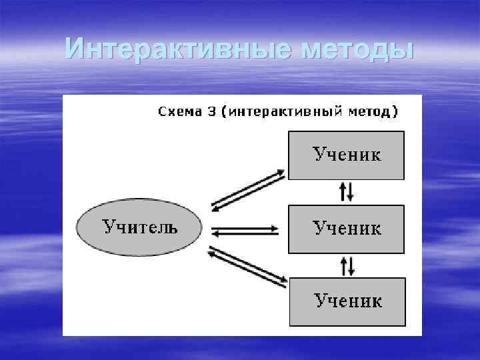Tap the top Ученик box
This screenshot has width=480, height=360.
pos(346,155)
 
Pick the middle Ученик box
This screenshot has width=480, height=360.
pos(346,229)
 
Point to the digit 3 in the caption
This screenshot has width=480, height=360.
pos(211,111)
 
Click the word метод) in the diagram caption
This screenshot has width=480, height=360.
pos(373,111)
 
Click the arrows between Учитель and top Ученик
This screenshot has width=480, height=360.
pos(247,189)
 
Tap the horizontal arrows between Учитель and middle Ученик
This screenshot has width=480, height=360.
pos(245,230)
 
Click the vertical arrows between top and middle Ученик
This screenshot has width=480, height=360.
pos(347,192)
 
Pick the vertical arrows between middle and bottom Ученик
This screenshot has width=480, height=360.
pos(347,265)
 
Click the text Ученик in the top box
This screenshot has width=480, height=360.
pos(347,155)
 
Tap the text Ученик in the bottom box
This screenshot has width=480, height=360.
pos(348,301)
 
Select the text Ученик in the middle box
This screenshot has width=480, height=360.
pos(347,229)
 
